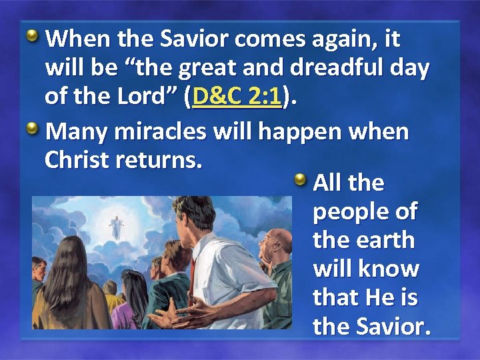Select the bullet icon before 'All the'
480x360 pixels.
pos(301,179)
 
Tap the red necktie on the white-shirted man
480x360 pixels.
pos(193,273)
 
